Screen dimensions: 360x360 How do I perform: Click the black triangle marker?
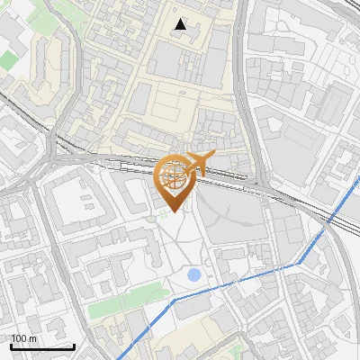[x=181, y=25]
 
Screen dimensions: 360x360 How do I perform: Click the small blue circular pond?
[x=193, y=274]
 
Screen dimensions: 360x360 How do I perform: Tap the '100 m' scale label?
[x=24, y=337]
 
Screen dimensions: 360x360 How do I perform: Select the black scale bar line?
[x=42, y=346]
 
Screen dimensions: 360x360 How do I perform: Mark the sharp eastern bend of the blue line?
[x=301, y=262]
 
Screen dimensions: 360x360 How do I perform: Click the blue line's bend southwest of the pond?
[x=170, y=302]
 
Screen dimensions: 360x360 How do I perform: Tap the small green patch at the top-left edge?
[x=9, y=60]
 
